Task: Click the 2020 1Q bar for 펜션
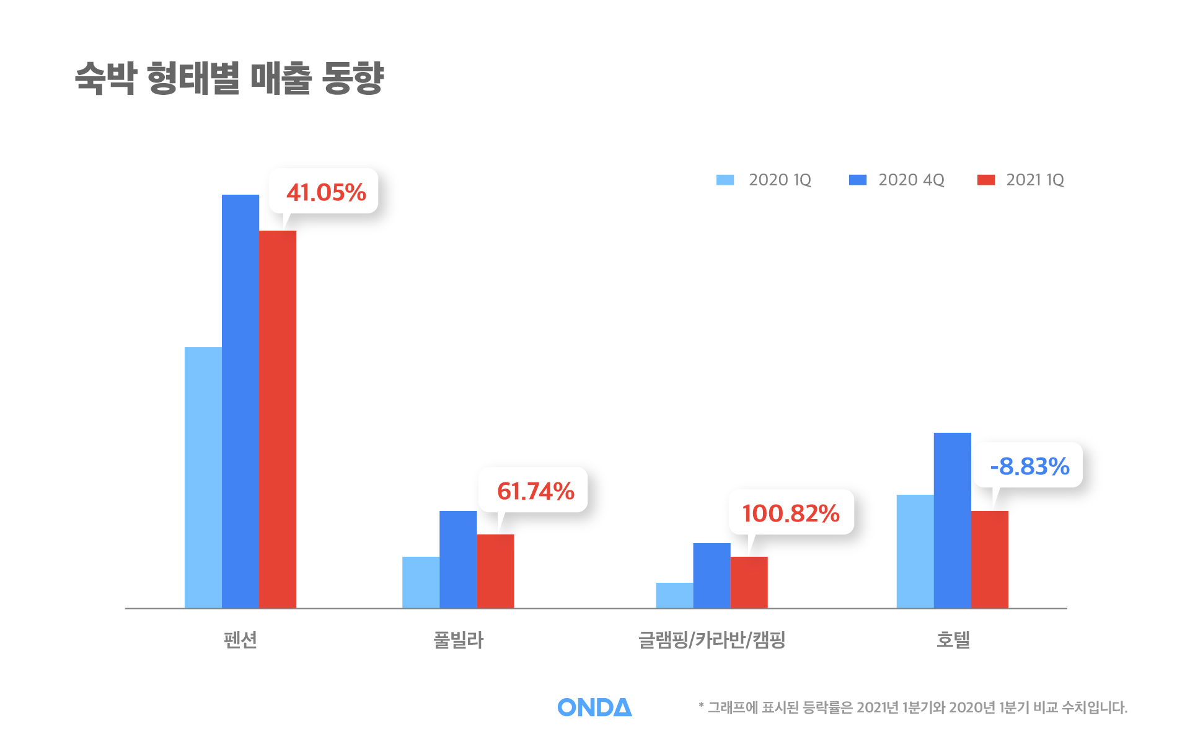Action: (203, 477)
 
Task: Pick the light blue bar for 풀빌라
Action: (421, 582)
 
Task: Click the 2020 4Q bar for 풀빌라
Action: (458, 559)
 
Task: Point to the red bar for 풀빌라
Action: (495, 571)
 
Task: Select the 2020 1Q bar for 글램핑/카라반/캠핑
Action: (674, 595)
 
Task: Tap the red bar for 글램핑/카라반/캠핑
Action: (749, 582)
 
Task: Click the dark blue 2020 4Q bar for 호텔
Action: (952, 520)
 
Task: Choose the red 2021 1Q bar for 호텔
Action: (989, 559)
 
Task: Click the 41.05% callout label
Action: (325, 192)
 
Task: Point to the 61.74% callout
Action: (535, 491)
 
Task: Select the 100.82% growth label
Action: (790, 513)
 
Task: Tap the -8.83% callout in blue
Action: (1029, 466)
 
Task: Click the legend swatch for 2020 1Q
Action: (725, 180)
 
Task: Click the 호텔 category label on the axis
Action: (953, 639)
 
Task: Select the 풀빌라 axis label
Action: (458, 639)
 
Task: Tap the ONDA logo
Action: (594, 707)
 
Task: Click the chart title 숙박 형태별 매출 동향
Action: (229, 78)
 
